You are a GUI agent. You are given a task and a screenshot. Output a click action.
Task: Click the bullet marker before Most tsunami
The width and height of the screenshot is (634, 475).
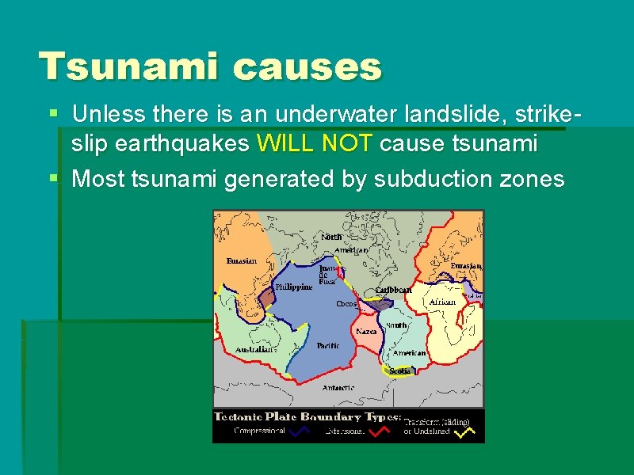pos(53,179)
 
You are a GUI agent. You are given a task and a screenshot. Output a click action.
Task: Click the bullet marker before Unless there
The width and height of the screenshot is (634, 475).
pos(53,113)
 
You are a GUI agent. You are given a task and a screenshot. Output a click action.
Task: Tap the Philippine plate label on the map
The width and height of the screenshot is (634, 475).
pos(293,287)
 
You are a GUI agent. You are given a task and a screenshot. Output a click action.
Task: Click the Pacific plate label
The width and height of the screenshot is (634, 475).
pos(328,346)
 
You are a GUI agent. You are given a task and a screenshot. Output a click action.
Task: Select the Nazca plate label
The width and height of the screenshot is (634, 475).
pos(366,331)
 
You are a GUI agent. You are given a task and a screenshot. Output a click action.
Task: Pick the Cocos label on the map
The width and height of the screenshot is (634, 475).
pos(346,304)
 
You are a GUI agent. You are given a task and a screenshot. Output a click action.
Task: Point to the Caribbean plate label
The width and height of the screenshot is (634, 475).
pos(393,291)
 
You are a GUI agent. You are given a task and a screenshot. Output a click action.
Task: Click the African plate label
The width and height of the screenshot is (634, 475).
pos(442,302)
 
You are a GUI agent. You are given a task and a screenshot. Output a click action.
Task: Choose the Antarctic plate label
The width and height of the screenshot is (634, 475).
pos(338,388)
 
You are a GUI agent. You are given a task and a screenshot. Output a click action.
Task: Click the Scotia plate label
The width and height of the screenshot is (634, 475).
pos(399,370)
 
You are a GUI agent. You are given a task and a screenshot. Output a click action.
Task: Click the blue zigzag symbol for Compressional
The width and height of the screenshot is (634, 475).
pos(300,432)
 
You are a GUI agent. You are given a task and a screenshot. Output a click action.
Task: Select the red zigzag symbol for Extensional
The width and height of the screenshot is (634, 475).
pos(379,432)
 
